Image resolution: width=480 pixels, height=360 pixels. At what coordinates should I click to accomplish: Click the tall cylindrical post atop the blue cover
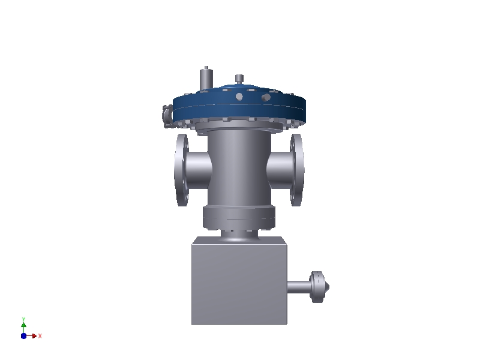click(x=206, y=79)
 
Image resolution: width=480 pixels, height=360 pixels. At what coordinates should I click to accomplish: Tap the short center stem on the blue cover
click(x=239, y=79)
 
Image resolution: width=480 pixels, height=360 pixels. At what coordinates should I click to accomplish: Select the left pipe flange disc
click(x=181, y=170)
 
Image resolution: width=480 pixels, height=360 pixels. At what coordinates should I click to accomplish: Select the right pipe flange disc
click(x=297, y=170)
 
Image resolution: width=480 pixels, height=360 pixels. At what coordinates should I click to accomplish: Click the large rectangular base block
click(x=239, y=282)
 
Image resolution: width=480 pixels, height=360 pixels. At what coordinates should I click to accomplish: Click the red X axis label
click(x=40, y=336)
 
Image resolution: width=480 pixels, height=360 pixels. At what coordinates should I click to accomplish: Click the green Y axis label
click(x=23, y=319)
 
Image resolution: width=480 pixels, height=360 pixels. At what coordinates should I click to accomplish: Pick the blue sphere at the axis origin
click(x=23, y=336)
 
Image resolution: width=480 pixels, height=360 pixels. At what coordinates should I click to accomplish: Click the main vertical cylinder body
click(x=239, y=168)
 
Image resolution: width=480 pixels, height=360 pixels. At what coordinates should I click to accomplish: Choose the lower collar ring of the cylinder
click(x=239, y=218)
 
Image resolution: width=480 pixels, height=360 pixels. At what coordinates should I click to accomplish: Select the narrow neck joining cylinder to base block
click(x=239, y=235)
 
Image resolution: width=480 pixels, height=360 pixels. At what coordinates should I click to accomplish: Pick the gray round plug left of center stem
click(x=239, y=97)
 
